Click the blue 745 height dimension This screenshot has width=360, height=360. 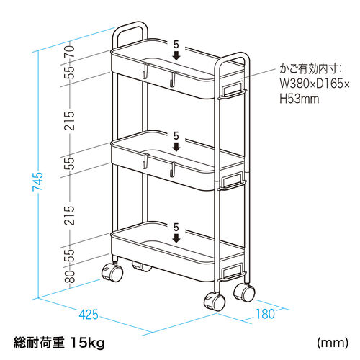coord(37,181)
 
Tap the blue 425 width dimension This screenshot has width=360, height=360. coord(89,315)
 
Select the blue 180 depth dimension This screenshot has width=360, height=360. coord(265,314)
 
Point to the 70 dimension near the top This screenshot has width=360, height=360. coord(69,51)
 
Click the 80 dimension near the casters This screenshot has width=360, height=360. coord(69,276)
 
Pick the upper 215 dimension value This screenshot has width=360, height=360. coord(69,121)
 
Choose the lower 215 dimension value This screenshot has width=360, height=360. coord(69,215)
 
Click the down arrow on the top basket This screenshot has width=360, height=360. coord(176,56)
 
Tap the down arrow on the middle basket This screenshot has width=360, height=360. coord(176,147)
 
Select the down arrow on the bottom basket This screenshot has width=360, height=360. coord(176,238)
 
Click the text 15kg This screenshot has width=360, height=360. coord(88,343)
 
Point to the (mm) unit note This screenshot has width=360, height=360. coord(333,343)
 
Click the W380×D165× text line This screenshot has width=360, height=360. coord(315,84)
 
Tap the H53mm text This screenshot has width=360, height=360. coord(300,99)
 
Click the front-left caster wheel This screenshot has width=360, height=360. coord(112,272)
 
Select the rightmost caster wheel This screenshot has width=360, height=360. coord(244,292)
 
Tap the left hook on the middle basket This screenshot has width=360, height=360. coord(145,161)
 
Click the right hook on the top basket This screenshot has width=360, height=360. coord(173,78)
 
